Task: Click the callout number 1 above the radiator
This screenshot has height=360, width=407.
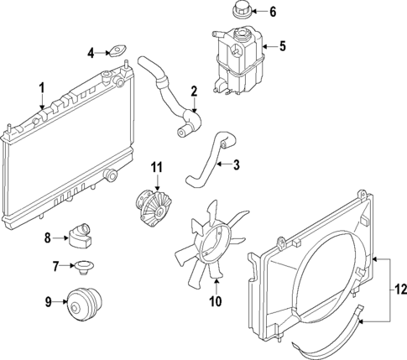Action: point(40,86)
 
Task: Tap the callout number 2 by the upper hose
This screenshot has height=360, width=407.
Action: point(194,91)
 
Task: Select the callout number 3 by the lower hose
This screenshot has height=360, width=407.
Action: point(237,165)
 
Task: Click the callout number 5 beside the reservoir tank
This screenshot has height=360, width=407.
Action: point(282,46)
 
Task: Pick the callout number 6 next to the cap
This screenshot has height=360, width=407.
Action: point(271,12)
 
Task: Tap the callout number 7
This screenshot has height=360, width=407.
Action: point(55,267)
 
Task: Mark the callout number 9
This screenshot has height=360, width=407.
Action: point(47,300)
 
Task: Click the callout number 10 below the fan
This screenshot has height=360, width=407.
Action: point(214,300)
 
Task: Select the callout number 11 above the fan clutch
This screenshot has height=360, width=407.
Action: point(155,168)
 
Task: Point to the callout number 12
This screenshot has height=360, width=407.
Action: point(399,290)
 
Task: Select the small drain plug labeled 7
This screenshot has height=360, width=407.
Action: point(82,268)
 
